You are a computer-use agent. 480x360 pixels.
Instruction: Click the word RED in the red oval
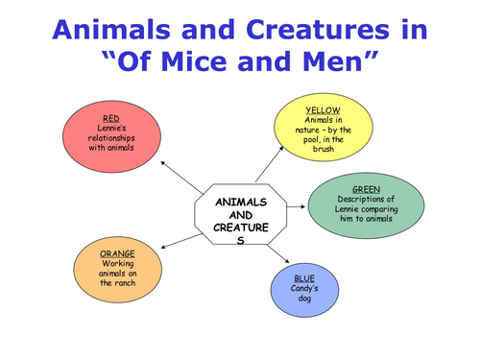tap(110, 118)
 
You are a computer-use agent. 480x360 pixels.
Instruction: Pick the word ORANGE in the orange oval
tap(117, 253)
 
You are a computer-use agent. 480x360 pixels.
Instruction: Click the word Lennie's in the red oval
tap(110, 129)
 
